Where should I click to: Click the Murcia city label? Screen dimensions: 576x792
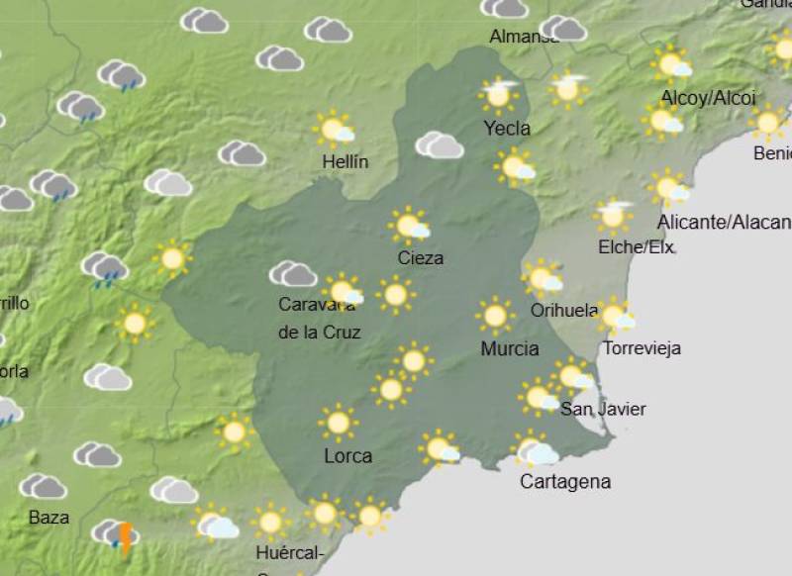(510, 348)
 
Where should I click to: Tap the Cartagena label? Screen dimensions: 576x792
(565, 482)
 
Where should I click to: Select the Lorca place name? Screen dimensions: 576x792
(348, 456)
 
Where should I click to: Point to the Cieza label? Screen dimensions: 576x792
(420, 258)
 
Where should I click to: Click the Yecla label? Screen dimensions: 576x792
(507, 128)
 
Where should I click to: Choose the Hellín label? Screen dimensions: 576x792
(346, 161)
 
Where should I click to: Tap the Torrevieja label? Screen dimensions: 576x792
(642, 348)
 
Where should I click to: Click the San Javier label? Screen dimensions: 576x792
(603, 409)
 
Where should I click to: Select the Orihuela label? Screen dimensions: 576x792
(564, 311)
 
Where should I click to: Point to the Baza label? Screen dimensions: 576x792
(49, 518)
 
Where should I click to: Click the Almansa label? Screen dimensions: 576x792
(525, 38)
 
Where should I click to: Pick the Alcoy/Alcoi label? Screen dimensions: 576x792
(708, 98)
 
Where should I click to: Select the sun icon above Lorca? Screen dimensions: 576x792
(338, 423)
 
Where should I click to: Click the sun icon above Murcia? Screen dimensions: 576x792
(494, 316)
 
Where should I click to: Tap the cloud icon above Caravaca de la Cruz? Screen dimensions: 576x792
(292, 274)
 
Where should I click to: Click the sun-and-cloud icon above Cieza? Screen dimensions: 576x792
(410, 227)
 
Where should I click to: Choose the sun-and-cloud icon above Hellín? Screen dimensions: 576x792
(336, 130)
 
